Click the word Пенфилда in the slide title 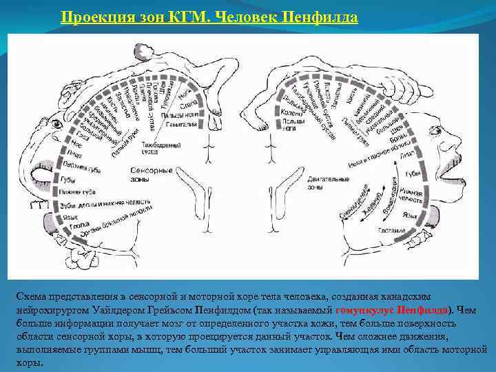click(320, 17)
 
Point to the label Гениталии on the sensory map click(181, 124)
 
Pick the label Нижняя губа click(80, 192)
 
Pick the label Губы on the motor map click(413, 173)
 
